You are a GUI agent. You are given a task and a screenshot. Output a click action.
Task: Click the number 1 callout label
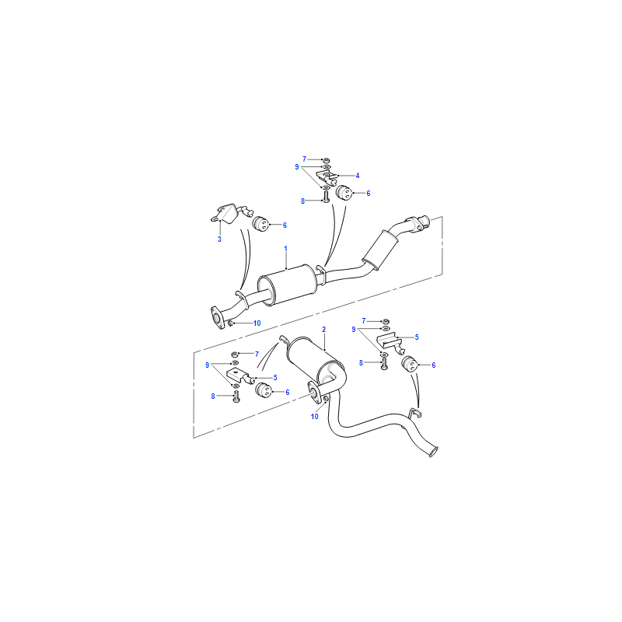(285, 249)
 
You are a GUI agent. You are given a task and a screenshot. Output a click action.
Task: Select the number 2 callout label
(324, 329)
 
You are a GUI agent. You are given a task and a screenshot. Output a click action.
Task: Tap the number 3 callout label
(219, 239)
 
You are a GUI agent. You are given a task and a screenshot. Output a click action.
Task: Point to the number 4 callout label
(358, 176)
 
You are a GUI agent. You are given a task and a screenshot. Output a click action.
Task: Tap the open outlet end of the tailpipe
(434, 452)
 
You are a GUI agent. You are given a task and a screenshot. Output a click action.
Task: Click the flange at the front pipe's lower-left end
(217, 317)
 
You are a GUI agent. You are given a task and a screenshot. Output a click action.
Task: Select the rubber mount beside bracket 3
(260, 224)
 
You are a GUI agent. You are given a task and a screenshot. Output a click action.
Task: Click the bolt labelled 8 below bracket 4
(326, 197)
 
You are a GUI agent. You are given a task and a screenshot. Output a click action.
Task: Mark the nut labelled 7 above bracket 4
(326, 160)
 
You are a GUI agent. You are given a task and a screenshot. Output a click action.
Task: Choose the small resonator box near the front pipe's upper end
(380, 250)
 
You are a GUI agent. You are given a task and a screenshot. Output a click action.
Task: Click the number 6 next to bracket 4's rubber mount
(369, 193)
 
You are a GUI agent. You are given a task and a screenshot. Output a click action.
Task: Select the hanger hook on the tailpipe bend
(414, 414)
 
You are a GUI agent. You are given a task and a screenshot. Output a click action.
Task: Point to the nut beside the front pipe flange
(230, 324)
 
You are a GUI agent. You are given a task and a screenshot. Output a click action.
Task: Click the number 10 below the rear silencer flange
(315, 417)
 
